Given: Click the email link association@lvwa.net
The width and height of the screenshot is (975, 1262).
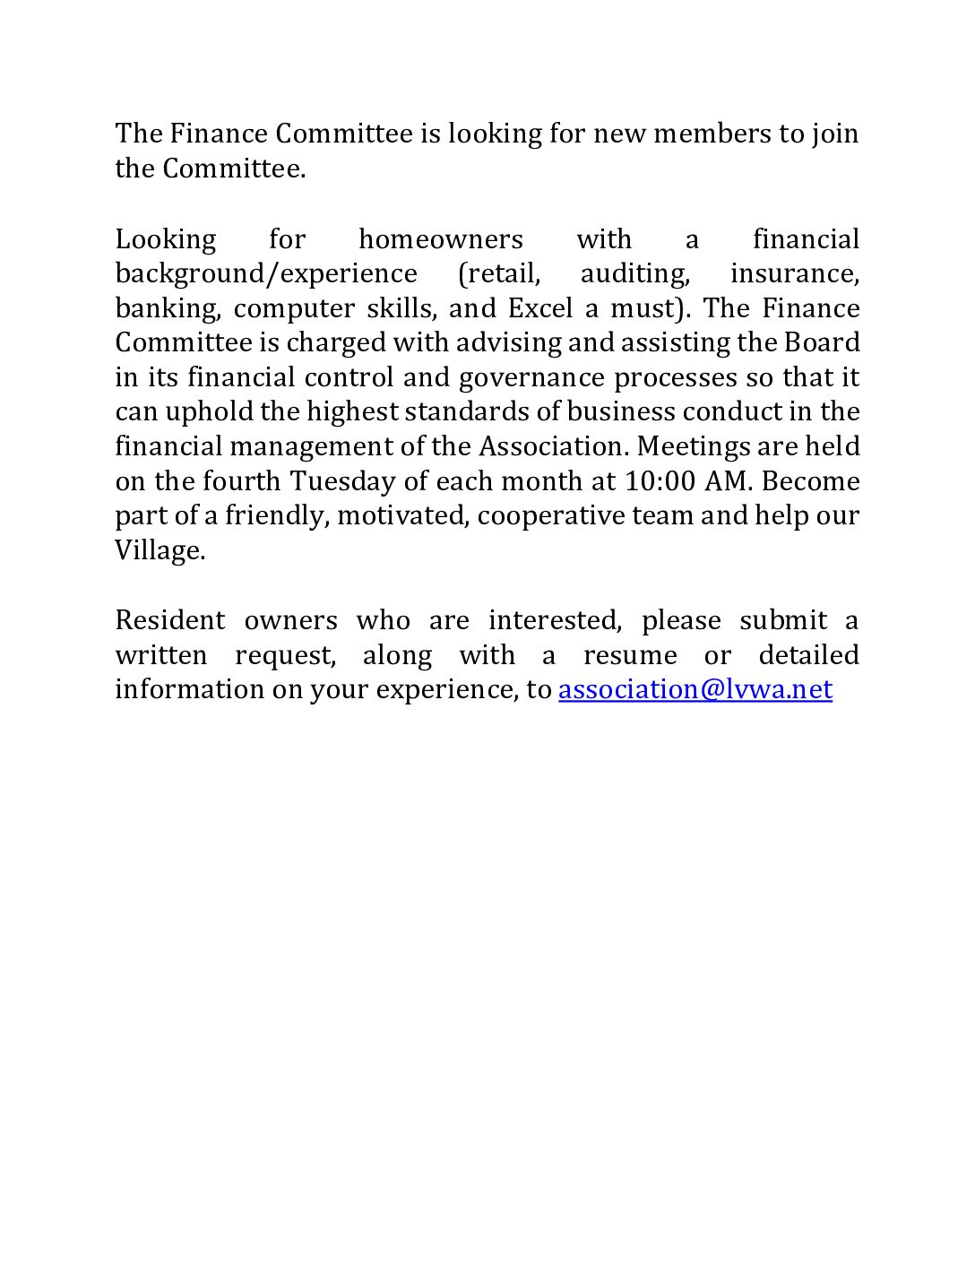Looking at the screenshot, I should point(695,689).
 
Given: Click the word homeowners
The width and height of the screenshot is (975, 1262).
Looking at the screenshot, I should point(440,239).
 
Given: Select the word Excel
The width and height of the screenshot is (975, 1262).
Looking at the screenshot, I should point(539,308).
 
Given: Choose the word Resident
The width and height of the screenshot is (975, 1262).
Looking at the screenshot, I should point(170,620).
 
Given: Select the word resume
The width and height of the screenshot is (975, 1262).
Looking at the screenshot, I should point(630,655).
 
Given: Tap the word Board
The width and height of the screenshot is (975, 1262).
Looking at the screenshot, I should point(822,342).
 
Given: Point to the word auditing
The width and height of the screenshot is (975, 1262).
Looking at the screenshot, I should point(634,273).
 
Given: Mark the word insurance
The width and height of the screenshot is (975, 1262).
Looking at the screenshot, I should point(794,273).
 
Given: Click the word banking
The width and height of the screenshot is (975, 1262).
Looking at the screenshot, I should point(167,308).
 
